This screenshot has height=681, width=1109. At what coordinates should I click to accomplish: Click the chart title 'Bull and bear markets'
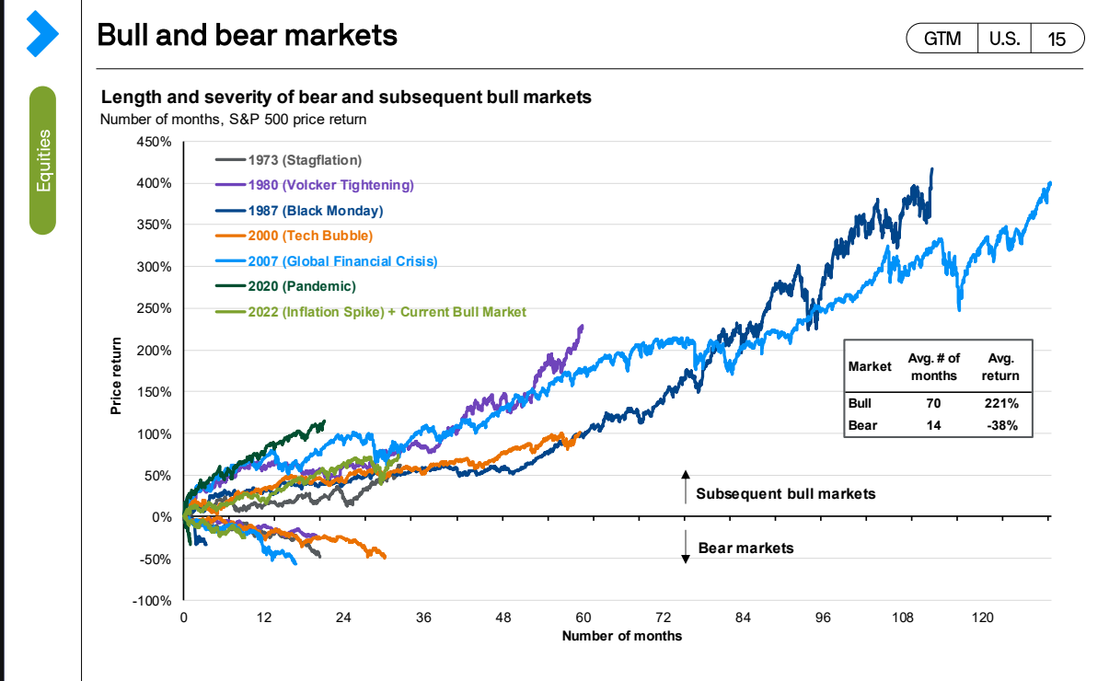247,35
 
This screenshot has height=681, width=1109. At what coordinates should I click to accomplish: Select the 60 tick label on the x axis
583,618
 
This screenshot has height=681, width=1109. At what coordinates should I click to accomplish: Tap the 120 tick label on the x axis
982,618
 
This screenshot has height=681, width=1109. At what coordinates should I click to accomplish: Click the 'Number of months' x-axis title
622,636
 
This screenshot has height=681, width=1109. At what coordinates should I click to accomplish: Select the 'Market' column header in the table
869,366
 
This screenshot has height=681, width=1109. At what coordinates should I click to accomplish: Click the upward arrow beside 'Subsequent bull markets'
685,486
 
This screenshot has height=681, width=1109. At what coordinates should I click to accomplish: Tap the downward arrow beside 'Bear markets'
686,548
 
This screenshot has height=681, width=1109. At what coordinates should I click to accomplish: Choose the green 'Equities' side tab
42,161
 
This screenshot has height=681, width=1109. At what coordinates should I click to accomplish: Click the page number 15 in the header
1057,39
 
